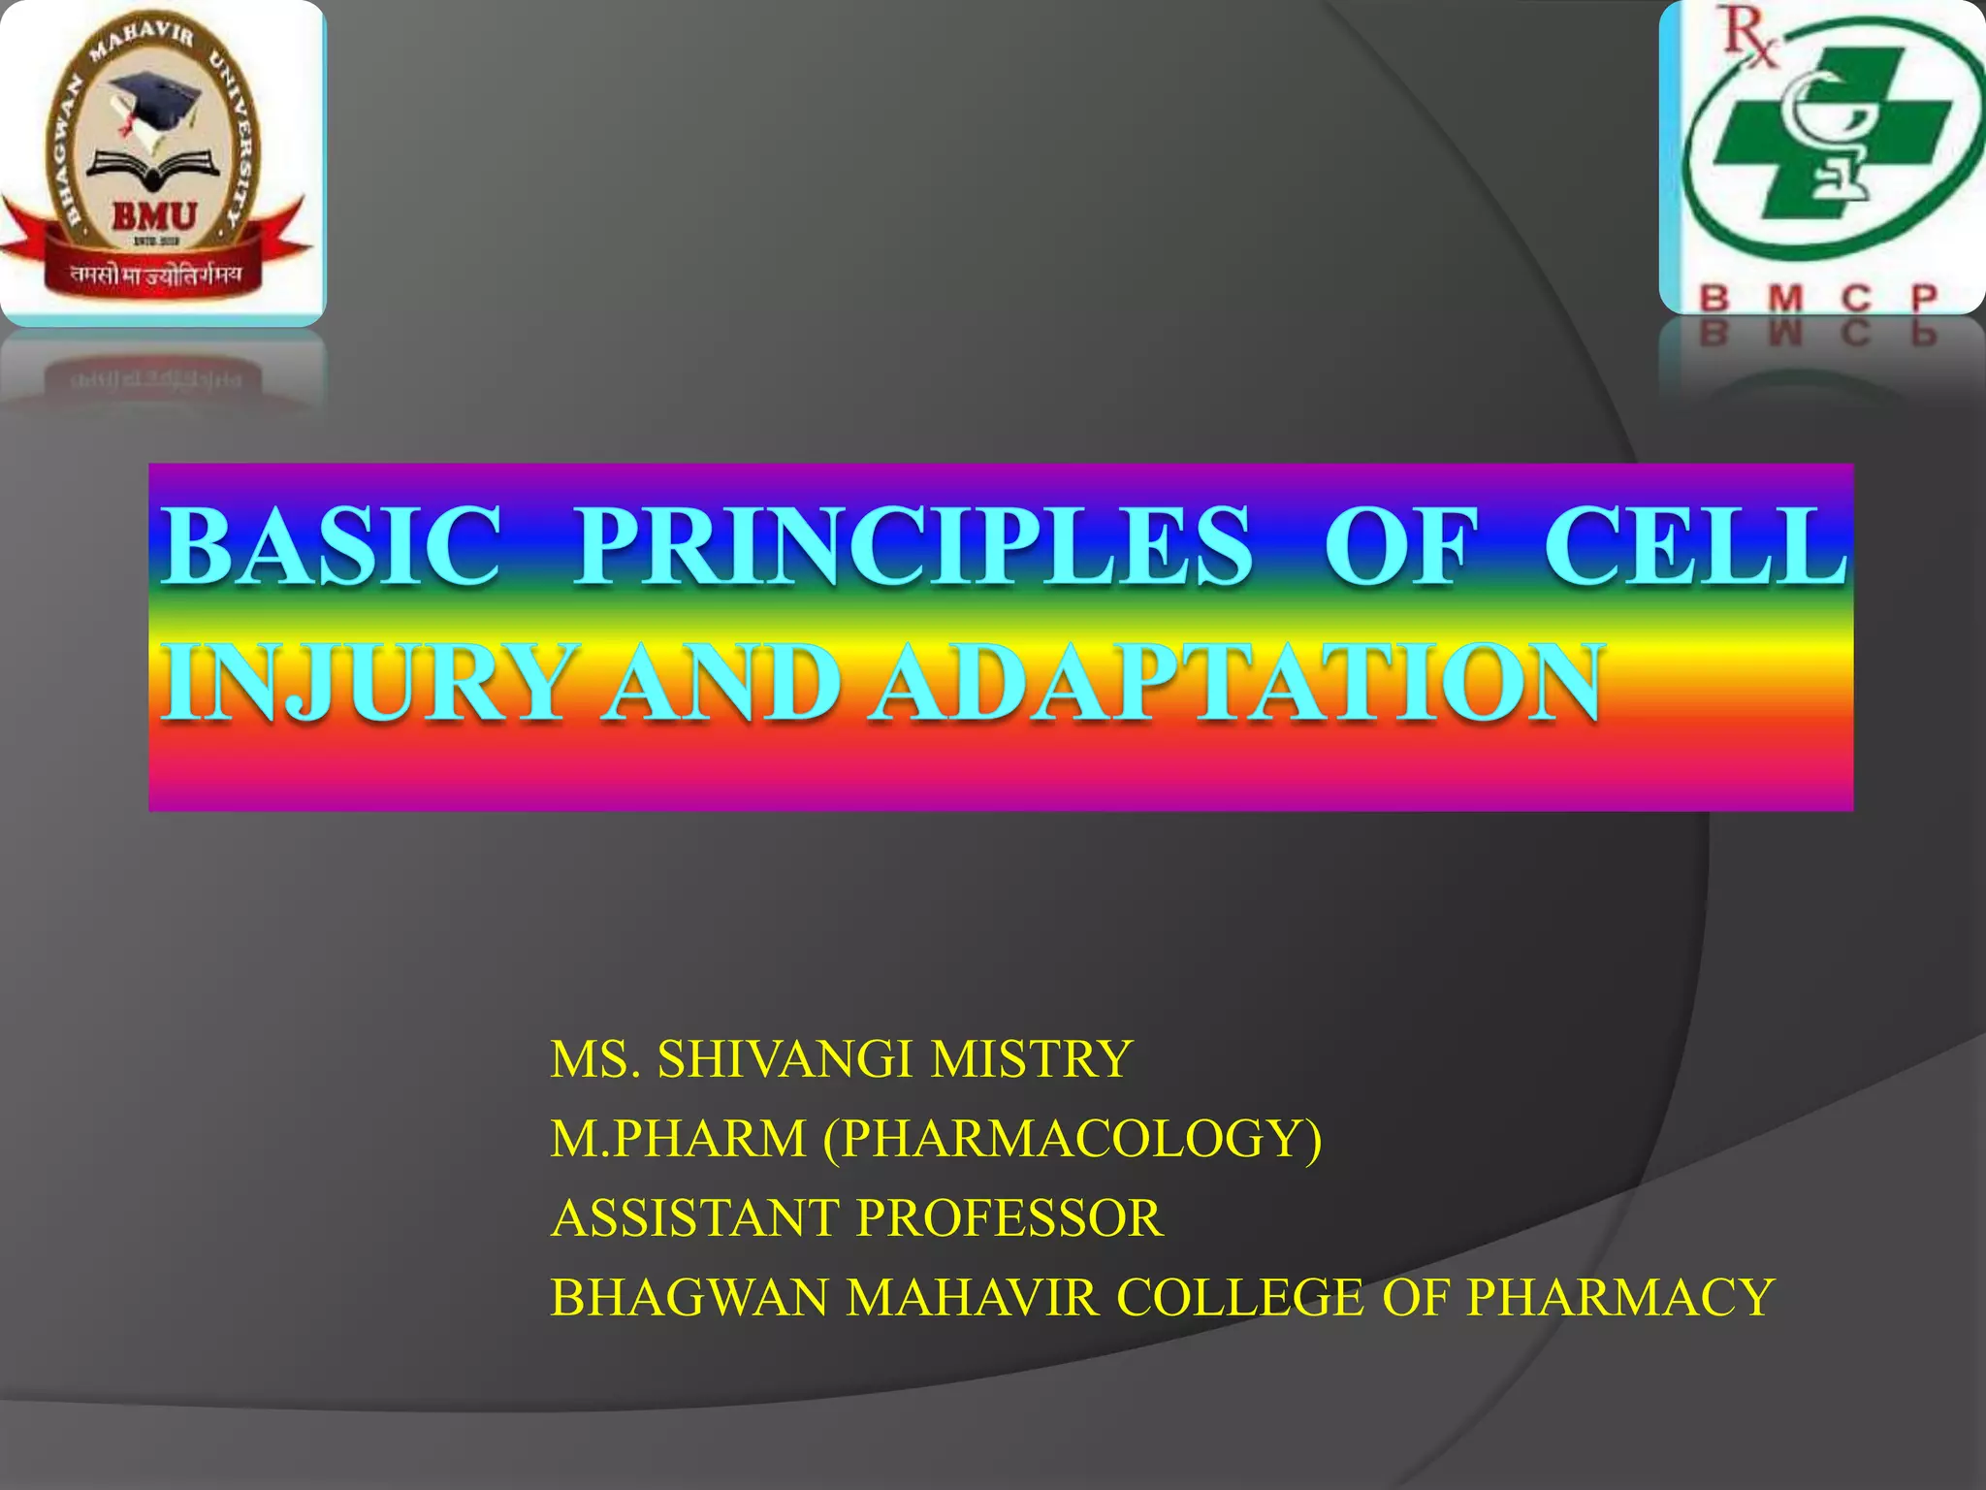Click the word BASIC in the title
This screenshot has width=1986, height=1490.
click(x=331, y=546)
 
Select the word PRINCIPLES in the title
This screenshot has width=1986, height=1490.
click(x=913, y=546)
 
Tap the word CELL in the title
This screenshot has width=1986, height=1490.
click(x=1694, y=546)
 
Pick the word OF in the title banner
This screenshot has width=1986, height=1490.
click(x=1400, y=546)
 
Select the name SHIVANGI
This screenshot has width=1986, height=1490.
click(x=785, y=1058)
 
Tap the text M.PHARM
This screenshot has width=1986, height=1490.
click(x=678, y=1138)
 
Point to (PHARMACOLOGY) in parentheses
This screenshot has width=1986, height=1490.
click(x=1073, y=1138)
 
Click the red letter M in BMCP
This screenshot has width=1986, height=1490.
click(x=1784, y=298)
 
